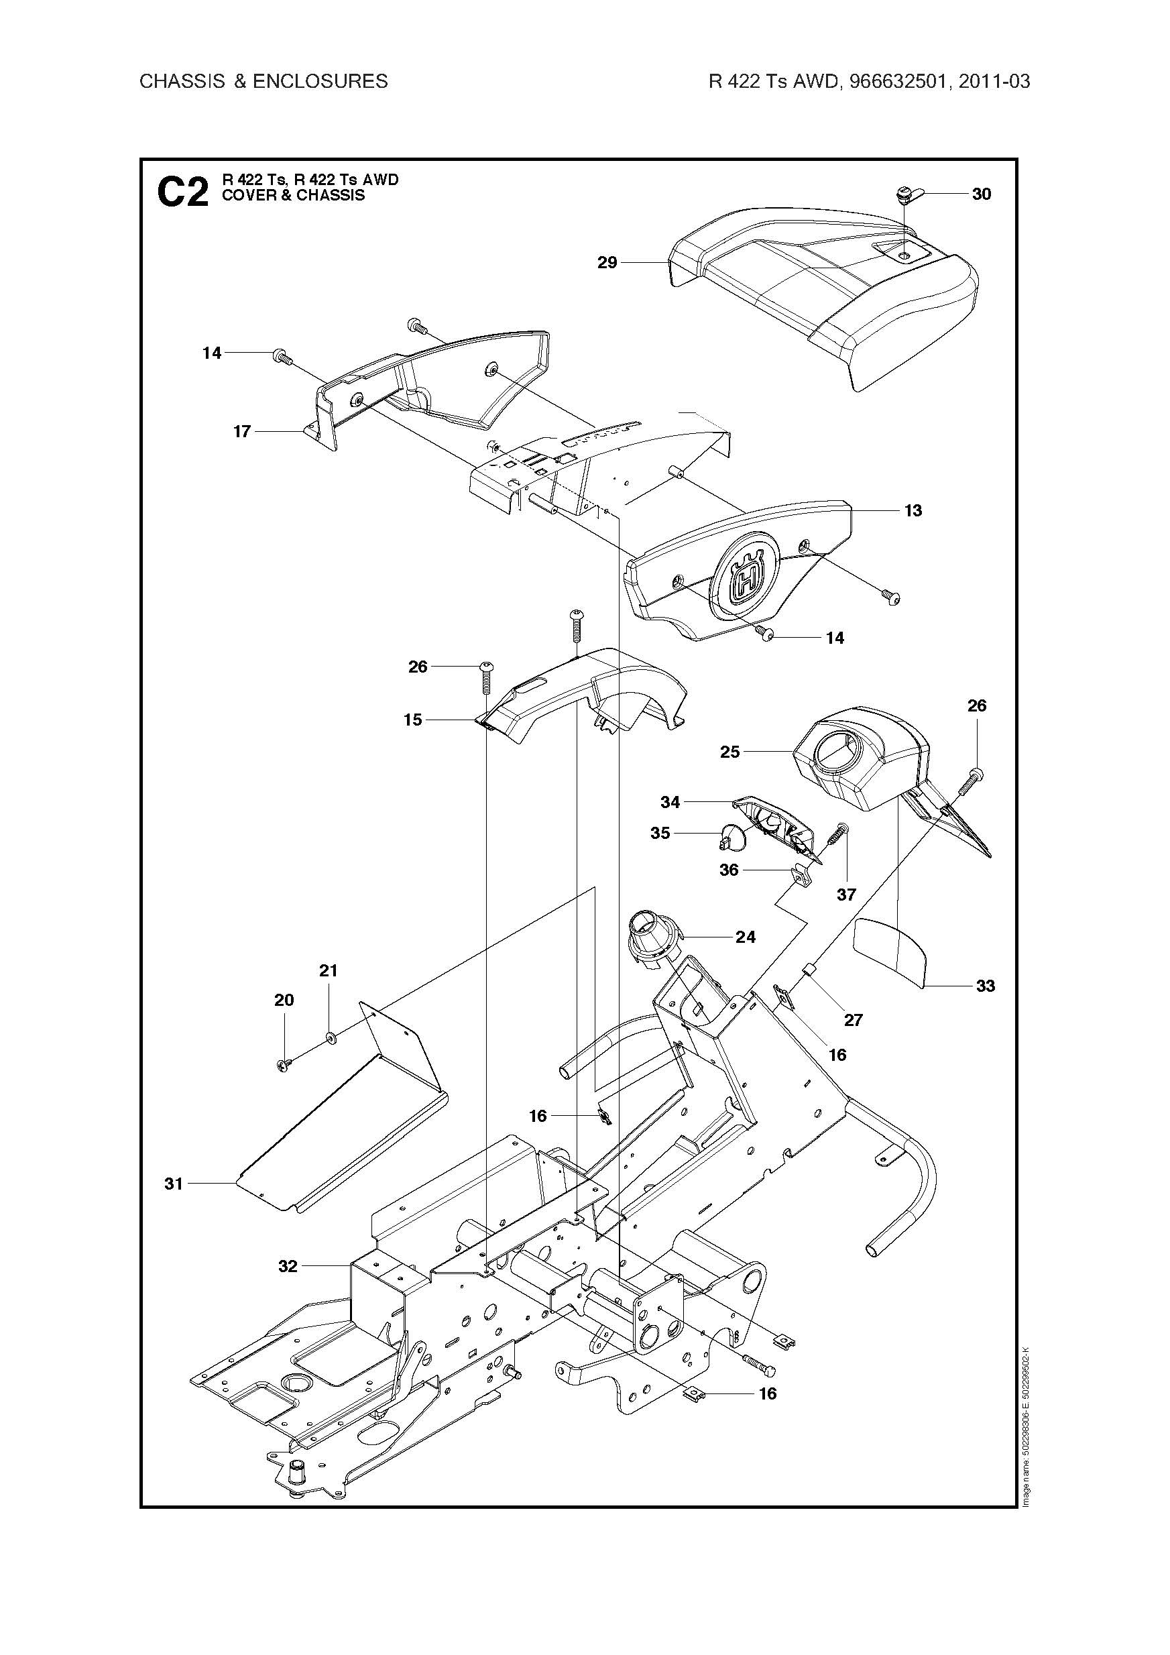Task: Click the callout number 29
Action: click(x=607, y=262)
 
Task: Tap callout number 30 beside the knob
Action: click(x=981, y=194)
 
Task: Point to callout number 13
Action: click(x=913, y=510)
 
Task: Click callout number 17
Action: click(x=241, y=431)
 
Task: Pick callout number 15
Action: click(x=412, y=720)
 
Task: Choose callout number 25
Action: click(x=729, y=752)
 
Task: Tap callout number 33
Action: click(x=985, y=985)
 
